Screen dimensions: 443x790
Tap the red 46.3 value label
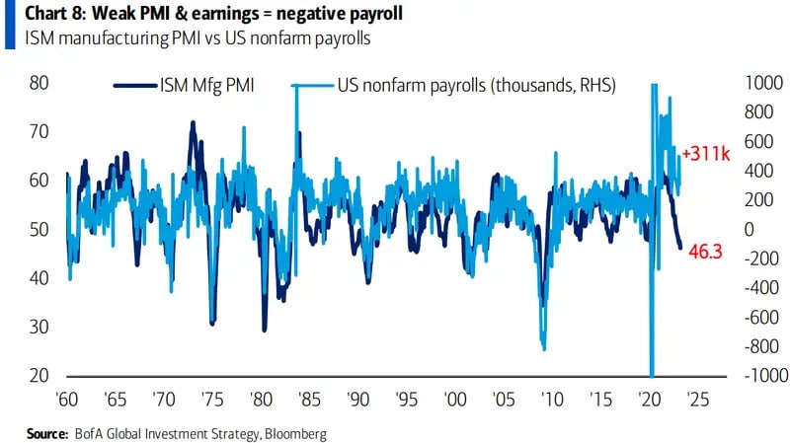(706, 252)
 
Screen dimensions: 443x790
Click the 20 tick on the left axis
(39, 376)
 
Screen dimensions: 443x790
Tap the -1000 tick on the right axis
(745, 376)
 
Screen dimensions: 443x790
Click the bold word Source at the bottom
(46, 433)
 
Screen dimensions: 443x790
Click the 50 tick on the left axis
(39, 229)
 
